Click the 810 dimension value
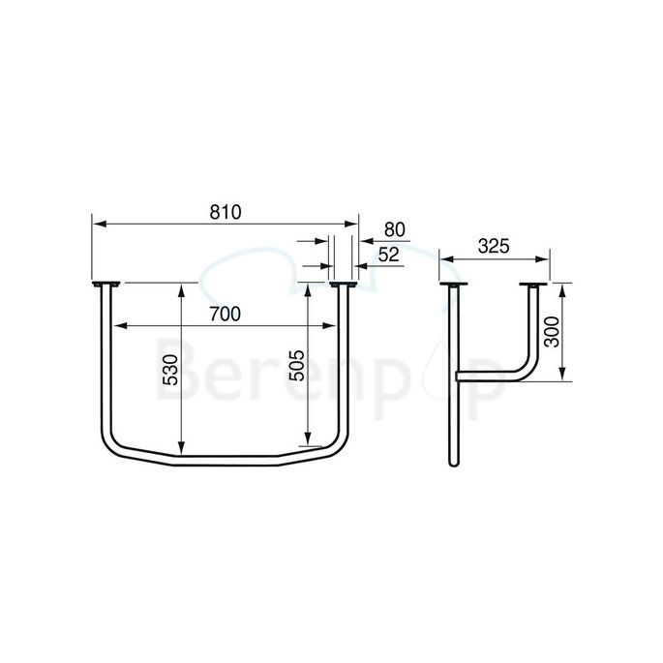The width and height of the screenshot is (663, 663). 225,211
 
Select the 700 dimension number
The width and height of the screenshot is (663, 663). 225,313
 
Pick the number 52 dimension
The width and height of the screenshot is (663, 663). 389,254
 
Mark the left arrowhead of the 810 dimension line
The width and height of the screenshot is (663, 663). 96,223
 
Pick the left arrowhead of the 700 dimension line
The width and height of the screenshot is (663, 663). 117,324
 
